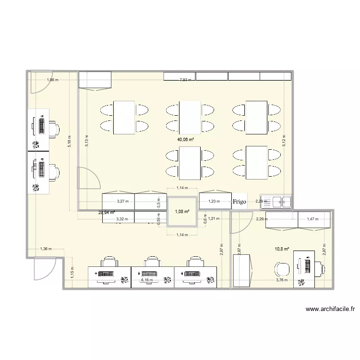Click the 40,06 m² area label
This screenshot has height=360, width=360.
[185, 140]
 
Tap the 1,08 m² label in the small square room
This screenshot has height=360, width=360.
[182, 211]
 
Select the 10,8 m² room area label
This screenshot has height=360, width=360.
[282, 249]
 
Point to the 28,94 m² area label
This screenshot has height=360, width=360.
[107, 212]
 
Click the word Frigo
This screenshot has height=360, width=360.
[240, 202]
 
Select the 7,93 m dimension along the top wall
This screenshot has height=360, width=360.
[185, 80]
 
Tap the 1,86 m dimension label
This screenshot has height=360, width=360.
[52, 80]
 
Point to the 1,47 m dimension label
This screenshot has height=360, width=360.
[313, 219]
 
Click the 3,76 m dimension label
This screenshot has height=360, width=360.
[282, 280]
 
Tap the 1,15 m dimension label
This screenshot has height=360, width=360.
[72, 273]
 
